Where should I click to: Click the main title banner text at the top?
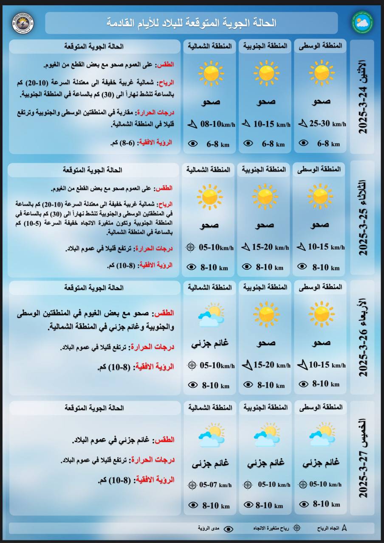(x=192, y=23)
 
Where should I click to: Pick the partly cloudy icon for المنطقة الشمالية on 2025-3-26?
(x=211, y=315)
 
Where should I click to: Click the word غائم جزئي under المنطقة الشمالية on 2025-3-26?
(x=210, y=343)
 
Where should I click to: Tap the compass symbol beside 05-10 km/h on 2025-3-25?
(x=191, y=247)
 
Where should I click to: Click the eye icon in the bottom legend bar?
(x=229, y=529)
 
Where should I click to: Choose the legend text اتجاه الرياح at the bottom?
(x=328, y=529)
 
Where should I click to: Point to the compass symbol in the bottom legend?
(x=297, y=528)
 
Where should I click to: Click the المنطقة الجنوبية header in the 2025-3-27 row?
(x=265, y=407)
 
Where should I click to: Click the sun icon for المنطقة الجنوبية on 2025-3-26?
(x=266, y=314)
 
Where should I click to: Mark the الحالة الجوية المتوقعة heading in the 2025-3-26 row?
(x=94, y=288)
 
